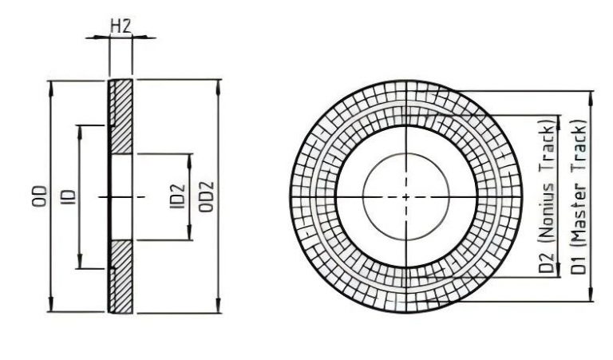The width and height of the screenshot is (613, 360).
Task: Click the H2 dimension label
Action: tap(121, 26)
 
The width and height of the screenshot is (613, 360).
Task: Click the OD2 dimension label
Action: tap(205, 196)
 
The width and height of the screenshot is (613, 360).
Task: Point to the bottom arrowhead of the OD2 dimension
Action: tap(218, 308)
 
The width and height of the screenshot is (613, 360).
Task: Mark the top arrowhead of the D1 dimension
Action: tap(591, 96)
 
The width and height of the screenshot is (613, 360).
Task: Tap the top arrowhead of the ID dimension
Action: tap(79, 129)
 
